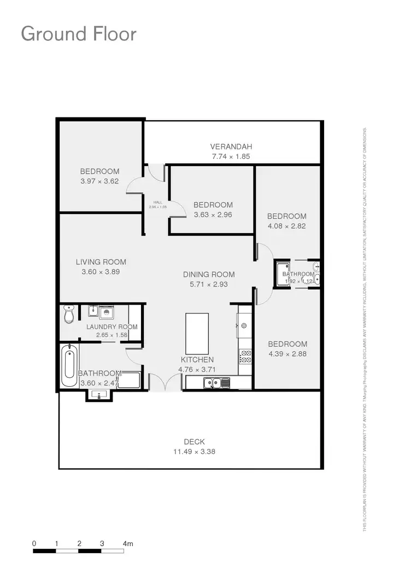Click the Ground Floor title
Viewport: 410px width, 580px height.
[78, 34]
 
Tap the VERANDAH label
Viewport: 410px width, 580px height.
[231, 146]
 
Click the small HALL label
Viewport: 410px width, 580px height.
[158, 202]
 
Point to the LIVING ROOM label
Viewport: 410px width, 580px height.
[101, 262]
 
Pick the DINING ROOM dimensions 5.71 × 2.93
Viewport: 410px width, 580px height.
[209, 285]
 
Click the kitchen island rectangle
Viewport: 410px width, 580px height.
[197, 333]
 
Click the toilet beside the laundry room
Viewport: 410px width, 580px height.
[69, 313]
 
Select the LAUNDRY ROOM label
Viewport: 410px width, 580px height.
[112, 327]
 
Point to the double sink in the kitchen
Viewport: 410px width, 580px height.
[216, 383]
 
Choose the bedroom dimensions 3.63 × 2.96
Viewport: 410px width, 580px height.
[213, 215]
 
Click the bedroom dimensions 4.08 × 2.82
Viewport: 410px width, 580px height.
[287, 226]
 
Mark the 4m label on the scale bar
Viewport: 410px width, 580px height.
[128, 544]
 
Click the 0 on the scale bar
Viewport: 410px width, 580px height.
[34, 544]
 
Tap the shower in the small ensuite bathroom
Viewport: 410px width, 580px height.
[283, 275]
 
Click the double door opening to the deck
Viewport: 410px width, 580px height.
[165, 381]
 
